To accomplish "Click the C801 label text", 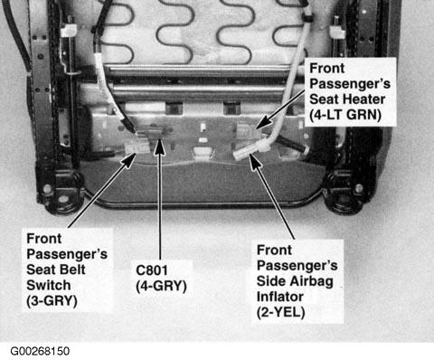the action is [x=152, y=270].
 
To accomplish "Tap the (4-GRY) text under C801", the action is [x=161, y=286].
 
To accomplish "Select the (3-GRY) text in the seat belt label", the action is [x=52, y=301].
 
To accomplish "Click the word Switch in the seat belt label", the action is [x=49, y=285].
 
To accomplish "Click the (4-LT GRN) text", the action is [x=345, y=115].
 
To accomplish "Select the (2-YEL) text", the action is [x=280, y=312].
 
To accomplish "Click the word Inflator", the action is [x=279, y=297].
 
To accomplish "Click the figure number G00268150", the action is [x=40, y=351].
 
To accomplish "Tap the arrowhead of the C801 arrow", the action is [x=160, y=147].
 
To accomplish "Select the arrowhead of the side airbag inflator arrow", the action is [x=255, y=161].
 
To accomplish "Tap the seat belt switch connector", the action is [x=137, y=147].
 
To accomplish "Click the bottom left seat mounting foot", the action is [x=61, y=193].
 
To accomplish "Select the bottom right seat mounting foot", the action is [x=350, y=193].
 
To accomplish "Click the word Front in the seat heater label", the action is [x=327, y=68].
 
